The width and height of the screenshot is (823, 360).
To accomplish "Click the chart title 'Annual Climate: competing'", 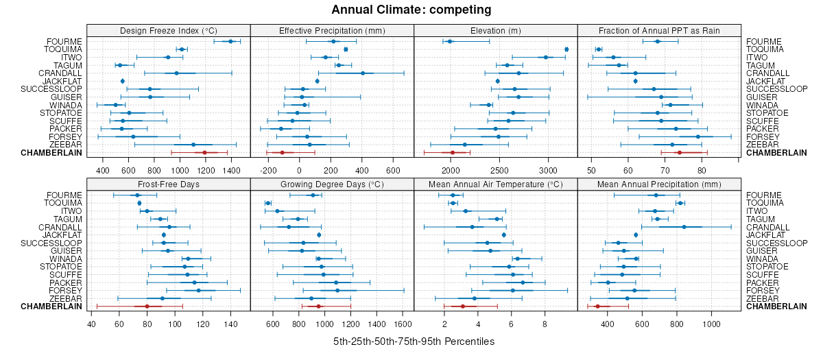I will [x=411, y=10].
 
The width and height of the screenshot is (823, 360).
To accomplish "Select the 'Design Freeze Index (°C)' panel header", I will [x=169, y=30].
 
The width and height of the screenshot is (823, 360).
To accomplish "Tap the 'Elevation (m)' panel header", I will [x=496, y=30].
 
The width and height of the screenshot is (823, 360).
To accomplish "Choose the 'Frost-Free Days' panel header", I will [x=169, y=184].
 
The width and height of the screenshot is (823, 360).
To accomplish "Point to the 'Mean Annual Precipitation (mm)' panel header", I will [x=659, y=184].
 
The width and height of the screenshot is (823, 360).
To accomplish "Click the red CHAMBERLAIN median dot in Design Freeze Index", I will [x=204, y=153].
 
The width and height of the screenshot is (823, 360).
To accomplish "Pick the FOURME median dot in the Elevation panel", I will [x=450, y=42].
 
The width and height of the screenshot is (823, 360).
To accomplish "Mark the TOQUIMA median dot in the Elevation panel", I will [x=566, y=49].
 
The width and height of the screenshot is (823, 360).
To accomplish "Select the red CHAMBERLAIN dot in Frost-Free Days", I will [x=147, y=307].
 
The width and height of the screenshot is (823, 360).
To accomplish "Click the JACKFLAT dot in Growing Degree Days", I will [x=319, y=235].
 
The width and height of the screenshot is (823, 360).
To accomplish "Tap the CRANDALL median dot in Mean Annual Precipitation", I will [x=684, y=227].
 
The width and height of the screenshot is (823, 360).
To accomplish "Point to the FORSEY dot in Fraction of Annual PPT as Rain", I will [x=698, y=136].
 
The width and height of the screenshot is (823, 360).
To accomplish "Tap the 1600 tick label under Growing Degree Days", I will [x=403, y=323].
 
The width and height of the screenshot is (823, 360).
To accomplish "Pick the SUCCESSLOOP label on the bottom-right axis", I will [x=777, y=243].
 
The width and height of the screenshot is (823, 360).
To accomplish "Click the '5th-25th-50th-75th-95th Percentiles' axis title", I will [x=414, y=341].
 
